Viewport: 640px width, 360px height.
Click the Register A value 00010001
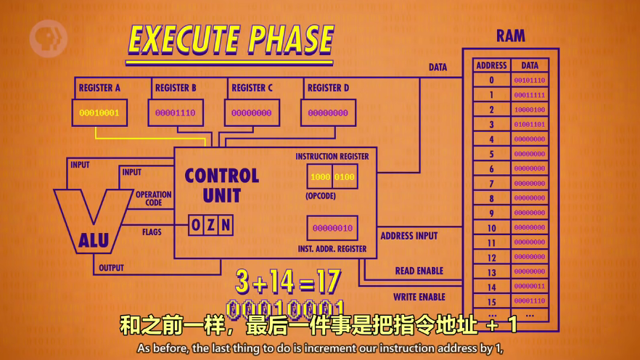click(x=99, y=113)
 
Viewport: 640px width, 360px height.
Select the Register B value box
click(x=176, y=113)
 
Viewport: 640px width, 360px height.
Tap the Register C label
click(x=252, y=88)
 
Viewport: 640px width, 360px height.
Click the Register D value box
click(x=328, y=113)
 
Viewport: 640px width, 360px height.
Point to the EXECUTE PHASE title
click(x=231, y=39)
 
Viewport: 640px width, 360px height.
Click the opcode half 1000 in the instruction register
click(x=320, y=177)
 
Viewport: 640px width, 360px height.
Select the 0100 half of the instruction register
click(x=345, y=177)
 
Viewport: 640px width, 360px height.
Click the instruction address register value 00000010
click(x=332, y=229)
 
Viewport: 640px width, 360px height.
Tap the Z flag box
click(x=210, y=225)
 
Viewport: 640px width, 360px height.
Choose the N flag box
click(x=226, y=225)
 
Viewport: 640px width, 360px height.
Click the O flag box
click(x=196, y=225)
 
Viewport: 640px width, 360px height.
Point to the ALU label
click(x=94, y=240)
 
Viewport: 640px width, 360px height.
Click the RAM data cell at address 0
click(x=530, y=81)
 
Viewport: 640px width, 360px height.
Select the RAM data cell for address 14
click(x=530, y=287)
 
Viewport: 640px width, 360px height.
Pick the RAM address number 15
click(x=491, y=301)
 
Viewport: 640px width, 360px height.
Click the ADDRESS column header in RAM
click(x=491, y=65)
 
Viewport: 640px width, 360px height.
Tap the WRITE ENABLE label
click(x=419, y=297)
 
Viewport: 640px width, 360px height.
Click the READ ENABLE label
click(x=419, y=271)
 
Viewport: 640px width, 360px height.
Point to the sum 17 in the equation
click(x=327, y=282)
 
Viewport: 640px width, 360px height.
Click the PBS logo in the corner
click(x=48, y=38)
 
